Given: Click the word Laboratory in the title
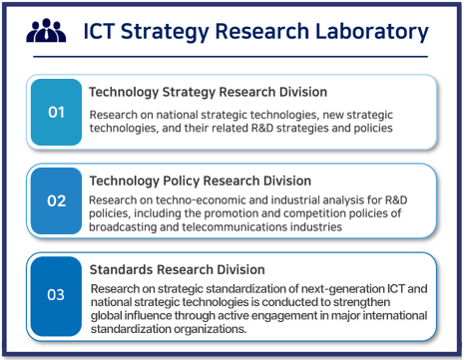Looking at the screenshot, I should click(x=370, y=32).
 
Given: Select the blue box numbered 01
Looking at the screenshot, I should click(x=56, y=112).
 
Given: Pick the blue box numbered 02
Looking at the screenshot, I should click(x=56, y=201).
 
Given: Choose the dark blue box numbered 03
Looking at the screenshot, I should click(x=56, y=294).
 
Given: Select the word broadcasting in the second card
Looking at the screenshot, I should click(x=127, y=226).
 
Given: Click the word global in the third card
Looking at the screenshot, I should click(x=108, y=317).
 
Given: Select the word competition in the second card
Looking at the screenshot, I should click(x=302, y=212).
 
